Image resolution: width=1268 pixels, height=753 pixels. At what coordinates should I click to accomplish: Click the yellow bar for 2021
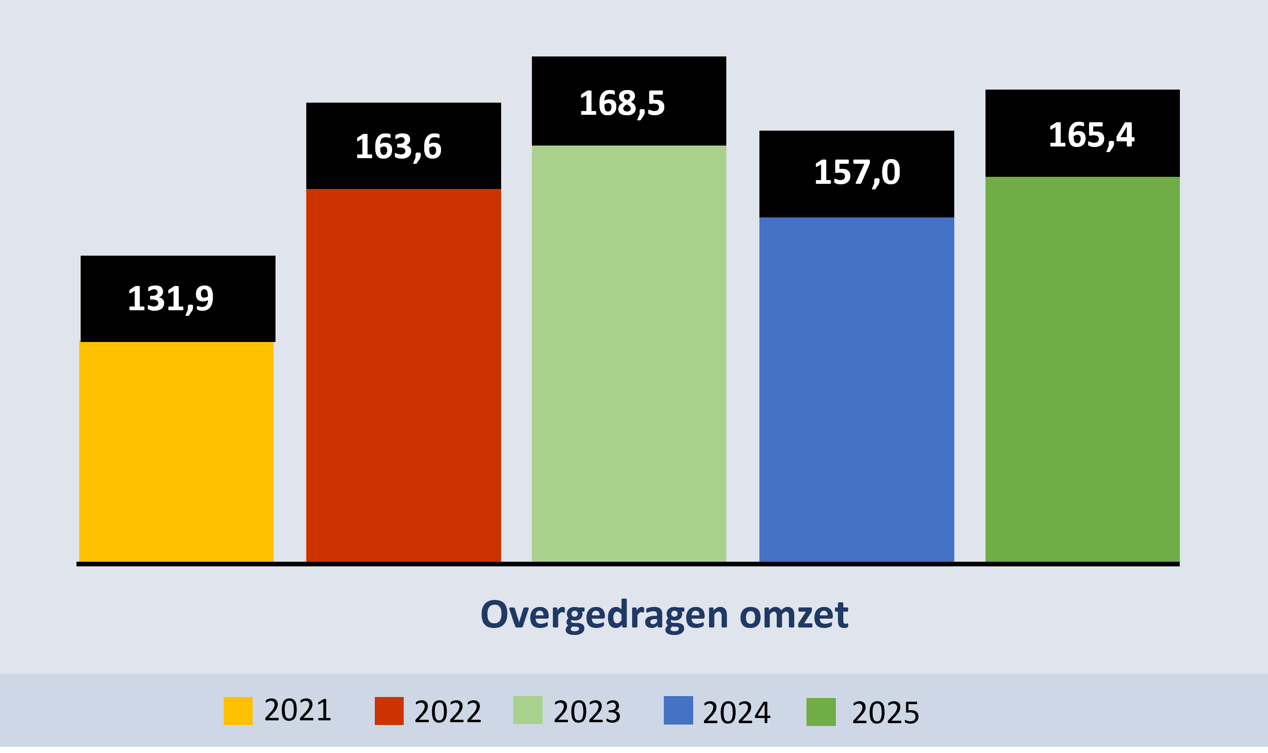click(176, 452)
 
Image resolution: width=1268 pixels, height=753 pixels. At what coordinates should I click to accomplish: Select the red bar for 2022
click(404, 376)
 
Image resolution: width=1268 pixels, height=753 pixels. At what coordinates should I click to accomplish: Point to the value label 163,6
click(399, 147)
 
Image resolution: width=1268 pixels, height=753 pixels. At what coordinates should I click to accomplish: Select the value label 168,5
click(621, 104)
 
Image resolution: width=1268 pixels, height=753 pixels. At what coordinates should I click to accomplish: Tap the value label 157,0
click(857, 173)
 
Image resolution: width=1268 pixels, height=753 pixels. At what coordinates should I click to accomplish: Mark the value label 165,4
click(1091, 135)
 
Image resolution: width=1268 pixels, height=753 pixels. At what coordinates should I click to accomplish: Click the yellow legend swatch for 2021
click(238, 711)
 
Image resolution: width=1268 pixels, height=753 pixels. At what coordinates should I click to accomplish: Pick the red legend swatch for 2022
click(389, 711)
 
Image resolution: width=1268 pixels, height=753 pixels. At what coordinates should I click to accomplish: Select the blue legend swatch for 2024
click(678, 711)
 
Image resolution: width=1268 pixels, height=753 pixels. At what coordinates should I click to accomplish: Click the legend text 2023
click(587, 712)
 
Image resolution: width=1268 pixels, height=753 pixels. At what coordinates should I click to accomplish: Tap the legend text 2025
click(885, 713)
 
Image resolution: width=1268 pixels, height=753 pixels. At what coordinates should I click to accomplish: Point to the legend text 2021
click(297, 710)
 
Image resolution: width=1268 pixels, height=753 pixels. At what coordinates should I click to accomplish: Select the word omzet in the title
click(793, 614)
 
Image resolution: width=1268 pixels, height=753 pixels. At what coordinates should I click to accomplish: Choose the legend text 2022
click(448, 712)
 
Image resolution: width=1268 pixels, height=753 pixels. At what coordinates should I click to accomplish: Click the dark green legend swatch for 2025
click(821, 712)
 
